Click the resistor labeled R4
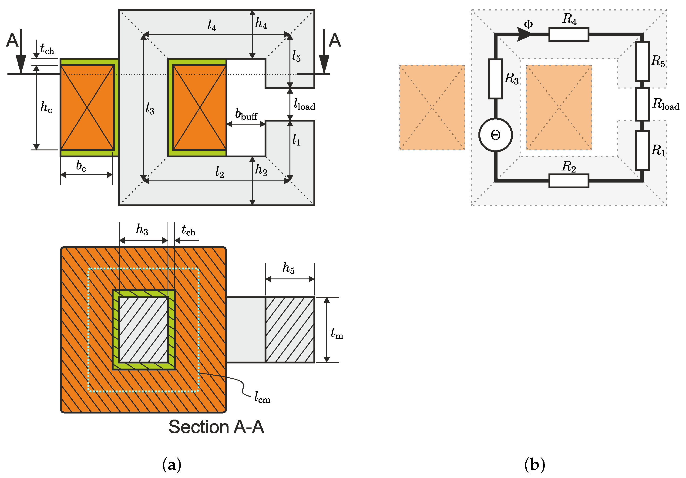tap(568, 34)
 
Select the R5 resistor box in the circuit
tap(642, 61)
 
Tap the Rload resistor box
tap(642, 104)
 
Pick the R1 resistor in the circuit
tap(642, 150)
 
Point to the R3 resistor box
tap(495, 79)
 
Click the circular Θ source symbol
tap(495, 135)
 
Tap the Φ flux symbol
tap(528, 24)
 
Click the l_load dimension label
tap(304, 105)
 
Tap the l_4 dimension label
tap(212, 25)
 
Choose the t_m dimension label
tap(337, 333)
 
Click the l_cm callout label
tap(262, 397)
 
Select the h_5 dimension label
tap(289, 268)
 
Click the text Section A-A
tap(216, 427)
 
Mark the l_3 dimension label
tap(150, 108)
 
